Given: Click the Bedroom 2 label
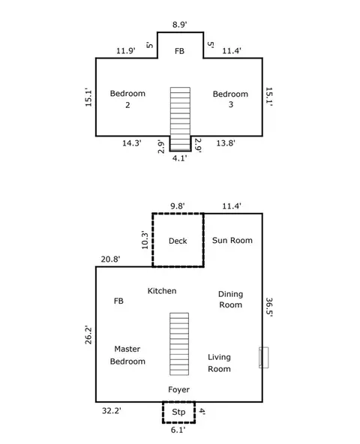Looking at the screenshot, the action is [127, 99].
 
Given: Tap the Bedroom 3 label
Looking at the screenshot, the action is [230, 99].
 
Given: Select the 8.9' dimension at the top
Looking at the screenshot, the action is [179, 25].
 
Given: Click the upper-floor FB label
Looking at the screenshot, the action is [179, 51].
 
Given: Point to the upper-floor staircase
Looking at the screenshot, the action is [180, 119].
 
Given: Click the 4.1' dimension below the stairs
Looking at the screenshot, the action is [179, 158].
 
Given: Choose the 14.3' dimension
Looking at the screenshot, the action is [132, 143].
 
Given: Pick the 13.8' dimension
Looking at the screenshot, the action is [226, 143].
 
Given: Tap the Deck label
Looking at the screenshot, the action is [178, 241].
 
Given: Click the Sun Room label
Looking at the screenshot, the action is [232, 240].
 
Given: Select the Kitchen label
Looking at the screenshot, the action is [162, 291].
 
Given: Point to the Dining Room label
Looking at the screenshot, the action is [230, 299].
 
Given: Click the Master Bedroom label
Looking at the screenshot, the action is [127, 355].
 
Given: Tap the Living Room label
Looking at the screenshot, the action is [219, 363].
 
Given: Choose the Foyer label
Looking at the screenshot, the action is [178, 389].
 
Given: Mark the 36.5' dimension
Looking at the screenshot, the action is [269, 307].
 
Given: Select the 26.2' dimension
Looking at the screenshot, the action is [88, 334].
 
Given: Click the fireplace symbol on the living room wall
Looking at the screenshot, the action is [264, 357].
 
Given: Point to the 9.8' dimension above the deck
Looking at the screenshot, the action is [178, 205].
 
